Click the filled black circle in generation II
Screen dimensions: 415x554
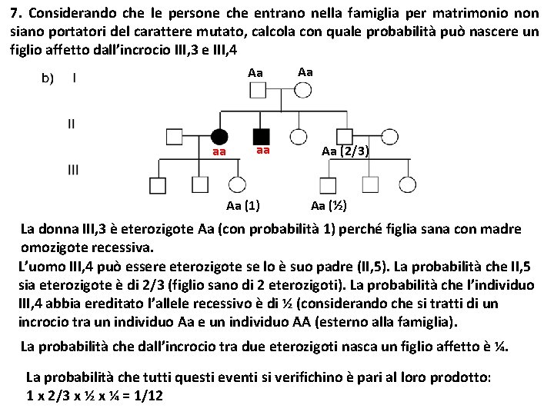coord(219,137)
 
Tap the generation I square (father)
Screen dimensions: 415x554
coord(257,90)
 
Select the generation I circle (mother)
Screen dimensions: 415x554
coord(303,90)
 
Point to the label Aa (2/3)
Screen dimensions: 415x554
coord(345,152)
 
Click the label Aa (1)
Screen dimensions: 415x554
coord(243,205)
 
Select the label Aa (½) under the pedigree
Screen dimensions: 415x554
coord(329,205)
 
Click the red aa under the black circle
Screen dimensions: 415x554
coord(219,153)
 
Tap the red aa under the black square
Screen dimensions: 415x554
coord(263,151)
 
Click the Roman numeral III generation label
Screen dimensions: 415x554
coord(73,170)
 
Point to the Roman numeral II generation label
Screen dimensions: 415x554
coord(72,123)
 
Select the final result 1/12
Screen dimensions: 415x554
coord(149,395)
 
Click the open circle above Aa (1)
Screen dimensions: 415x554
coord(238,184)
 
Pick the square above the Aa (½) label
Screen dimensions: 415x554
coord(328,184)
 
